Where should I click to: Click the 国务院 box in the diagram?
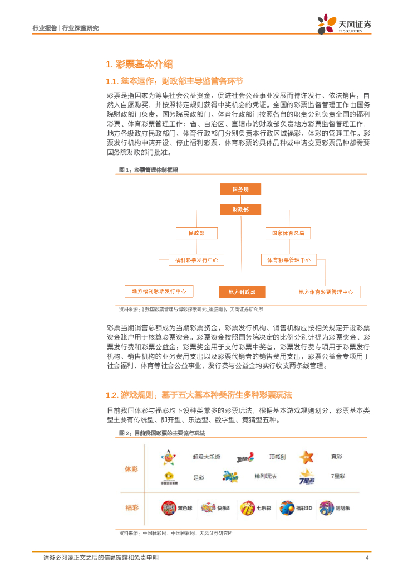coord(240,190)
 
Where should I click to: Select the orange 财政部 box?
coord(240,210)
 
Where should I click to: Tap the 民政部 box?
coord(196,233)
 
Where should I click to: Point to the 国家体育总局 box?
coord(287,233)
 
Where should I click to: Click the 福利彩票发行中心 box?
coord(196,260)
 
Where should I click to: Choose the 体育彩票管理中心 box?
coord(288,260)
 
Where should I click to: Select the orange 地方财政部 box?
coord(242,292)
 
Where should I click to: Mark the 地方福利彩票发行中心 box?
coord(159,291)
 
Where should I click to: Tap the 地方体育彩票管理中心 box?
coord(326,292)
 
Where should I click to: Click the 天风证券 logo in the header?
coord(345,23)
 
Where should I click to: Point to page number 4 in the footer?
coord(367,558)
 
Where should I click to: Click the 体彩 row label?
coord(131,470)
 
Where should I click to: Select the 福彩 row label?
coord(131,507)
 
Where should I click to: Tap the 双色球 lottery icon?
coord(168,508)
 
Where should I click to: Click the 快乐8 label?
coord(224,508)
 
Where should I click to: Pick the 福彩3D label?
coord(304,508)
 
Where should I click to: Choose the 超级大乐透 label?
coord(206,457)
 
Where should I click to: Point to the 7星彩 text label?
coord(338,476)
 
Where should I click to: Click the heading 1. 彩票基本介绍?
coord(139,64)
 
